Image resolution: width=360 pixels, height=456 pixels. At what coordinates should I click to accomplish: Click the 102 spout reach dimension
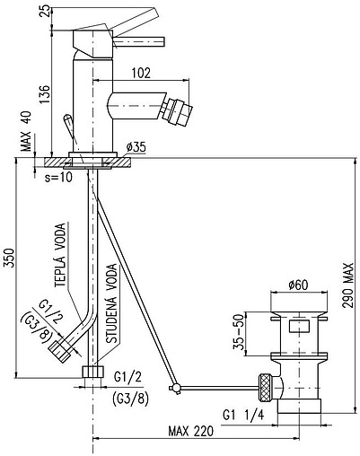[141, 73]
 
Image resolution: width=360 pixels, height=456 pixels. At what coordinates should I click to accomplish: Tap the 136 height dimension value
[45, 94]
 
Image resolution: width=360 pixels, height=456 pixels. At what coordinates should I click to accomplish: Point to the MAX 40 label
[26, 133]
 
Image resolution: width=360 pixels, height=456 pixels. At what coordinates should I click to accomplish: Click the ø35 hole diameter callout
[136, 147]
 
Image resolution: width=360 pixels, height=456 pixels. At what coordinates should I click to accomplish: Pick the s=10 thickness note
[58, 178]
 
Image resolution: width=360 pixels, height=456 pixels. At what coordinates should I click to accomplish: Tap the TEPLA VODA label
[60, 255]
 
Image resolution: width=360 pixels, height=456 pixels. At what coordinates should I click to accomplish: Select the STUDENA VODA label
[112, 303]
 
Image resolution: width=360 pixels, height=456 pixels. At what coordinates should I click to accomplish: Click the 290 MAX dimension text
[348, 285]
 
